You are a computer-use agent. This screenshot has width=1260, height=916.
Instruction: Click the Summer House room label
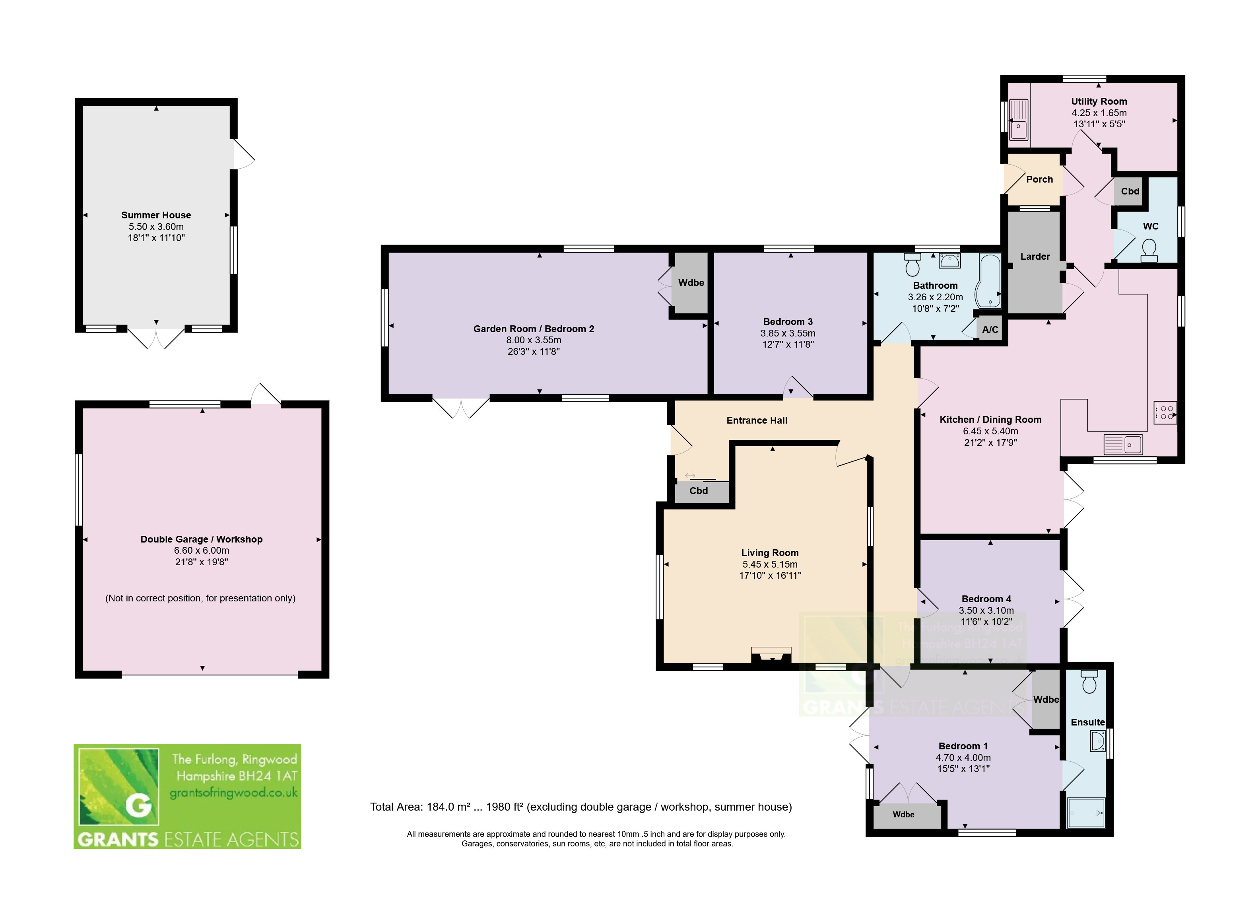(x=156, y=215)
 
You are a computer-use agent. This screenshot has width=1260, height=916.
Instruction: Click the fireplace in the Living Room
(x=771, y=655)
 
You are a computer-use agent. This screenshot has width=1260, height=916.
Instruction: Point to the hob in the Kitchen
(x=1165, y=413)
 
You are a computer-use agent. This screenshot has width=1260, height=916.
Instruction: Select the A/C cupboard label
(x=990, y=330)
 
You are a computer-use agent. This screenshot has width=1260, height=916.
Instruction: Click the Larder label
(x=1035, y=256)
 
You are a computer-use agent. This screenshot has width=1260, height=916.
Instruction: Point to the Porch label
(x=1039, y=179)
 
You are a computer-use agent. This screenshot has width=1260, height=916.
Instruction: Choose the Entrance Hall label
(x=757, y=420)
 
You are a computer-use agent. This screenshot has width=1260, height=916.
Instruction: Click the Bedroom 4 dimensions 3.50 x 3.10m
(x=986, y=610)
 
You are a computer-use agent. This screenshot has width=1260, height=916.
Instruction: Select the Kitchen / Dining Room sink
(x=1123, y=444)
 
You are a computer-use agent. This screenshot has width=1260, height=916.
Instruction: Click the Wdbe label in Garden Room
(x=691, y=282)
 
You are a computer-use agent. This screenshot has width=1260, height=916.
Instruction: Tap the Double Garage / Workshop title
(x=202, y=539)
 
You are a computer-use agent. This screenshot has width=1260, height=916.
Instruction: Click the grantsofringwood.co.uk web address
(x=233, y=793)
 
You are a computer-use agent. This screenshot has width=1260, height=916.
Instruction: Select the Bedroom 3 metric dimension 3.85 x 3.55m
(x=788, y=333)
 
